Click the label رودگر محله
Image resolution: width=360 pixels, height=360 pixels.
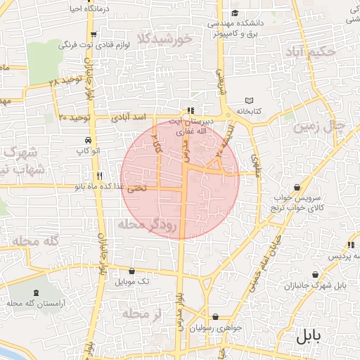(x=151, y=224)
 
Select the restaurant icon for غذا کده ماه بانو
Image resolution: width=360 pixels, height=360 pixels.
(x=100, y=176)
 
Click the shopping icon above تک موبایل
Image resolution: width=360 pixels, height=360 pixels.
(x=132, y=271)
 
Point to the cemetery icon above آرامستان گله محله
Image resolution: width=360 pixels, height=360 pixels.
(x=33, y=291)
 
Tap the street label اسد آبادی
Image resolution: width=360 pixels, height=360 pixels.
(x=131, y=117)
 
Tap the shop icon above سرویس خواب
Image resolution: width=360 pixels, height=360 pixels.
(x=298, y=188)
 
